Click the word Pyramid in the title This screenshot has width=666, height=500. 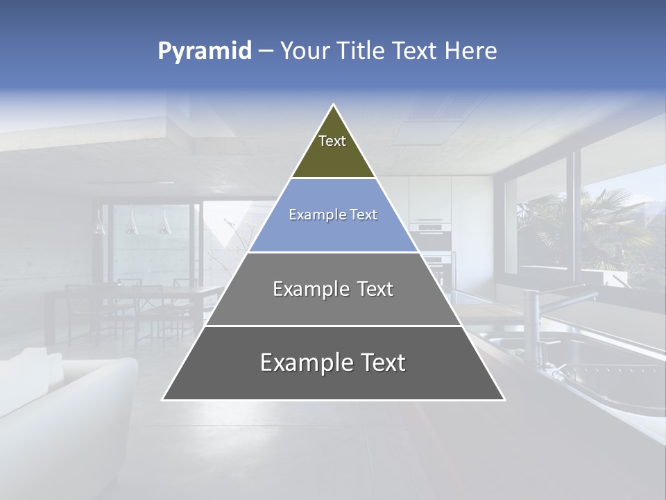coord(204,51)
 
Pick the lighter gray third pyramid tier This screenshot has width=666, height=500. coord(333,290)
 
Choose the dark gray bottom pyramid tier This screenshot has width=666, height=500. coord(333,364)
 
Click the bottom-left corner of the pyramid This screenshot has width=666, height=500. coord(164,399)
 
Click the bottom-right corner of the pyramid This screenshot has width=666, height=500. coord(504,399)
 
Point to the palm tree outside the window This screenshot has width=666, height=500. coord(610,222)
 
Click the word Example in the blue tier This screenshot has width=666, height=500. coord(310,215)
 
